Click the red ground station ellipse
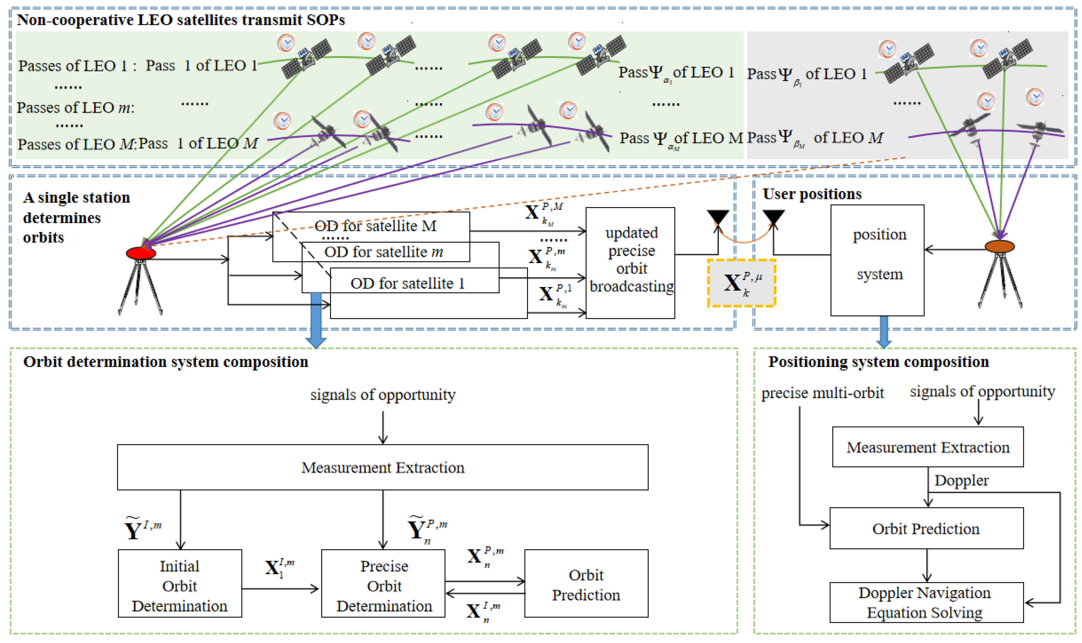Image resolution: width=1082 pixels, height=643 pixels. (x=141, y=253)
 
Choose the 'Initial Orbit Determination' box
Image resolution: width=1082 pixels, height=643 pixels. (x=180, y=583)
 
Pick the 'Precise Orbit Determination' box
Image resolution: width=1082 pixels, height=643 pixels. (x=383, y=583)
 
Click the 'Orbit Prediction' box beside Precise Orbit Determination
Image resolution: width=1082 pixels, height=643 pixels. (x=586, y=583)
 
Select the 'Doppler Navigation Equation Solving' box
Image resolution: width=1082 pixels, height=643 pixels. (x=926, y=602)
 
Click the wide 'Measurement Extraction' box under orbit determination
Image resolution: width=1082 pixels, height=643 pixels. (x=382, y=467)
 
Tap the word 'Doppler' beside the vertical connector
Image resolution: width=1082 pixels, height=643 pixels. (x=961, y=480)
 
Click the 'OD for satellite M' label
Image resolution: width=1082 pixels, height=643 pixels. (x=375, y=226)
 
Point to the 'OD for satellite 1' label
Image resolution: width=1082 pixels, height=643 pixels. (x=407, y=283)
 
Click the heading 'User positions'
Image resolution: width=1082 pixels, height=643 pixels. (x=812, y=194)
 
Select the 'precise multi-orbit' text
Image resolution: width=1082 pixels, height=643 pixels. (x=822, y=393)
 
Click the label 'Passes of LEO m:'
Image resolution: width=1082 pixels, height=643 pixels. (x=76, y=107)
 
